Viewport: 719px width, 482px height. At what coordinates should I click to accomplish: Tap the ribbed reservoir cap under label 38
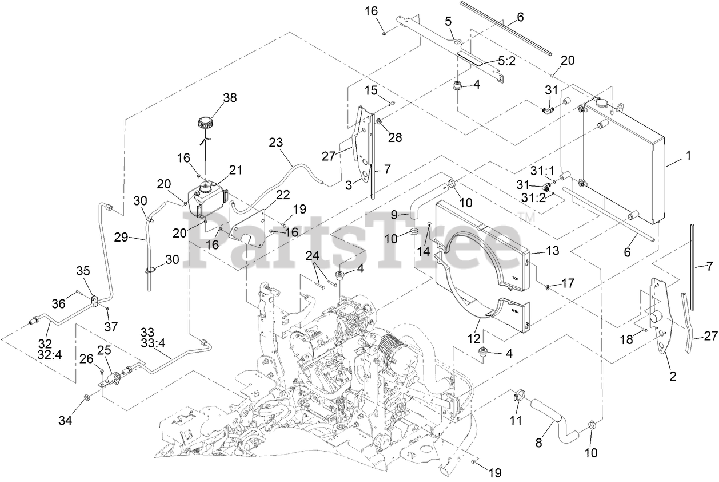point(205,123)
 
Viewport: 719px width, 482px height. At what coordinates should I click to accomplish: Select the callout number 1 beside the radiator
point(688,155)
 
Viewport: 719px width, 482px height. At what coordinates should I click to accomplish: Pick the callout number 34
point(65,421)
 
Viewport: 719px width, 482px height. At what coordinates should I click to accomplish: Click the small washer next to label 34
point(86,397)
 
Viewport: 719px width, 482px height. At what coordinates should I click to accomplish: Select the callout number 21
point(236,169)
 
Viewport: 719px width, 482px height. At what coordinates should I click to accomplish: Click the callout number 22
point(267,195)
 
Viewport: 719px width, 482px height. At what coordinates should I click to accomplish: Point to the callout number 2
point(673,376)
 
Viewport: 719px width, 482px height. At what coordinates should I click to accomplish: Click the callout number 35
point(83,270)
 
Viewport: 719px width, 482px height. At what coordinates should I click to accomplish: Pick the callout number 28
point(395,137)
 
